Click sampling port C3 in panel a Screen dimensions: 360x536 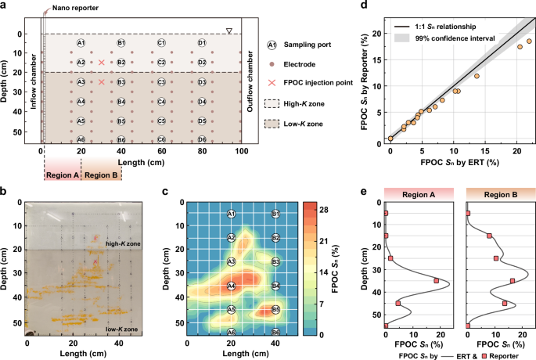[161, 81]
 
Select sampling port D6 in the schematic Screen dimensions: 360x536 [202, 139]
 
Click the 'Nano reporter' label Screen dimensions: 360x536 [70, 8]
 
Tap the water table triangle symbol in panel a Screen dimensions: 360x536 [228, 31]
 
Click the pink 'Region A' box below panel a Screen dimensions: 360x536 [62, 175]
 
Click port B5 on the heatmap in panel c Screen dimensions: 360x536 [275, 310]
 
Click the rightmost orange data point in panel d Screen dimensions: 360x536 [529, 41]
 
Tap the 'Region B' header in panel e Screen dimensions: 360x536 [495, 193]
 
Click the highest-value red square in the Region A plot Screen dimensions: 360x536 [437, 280]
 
